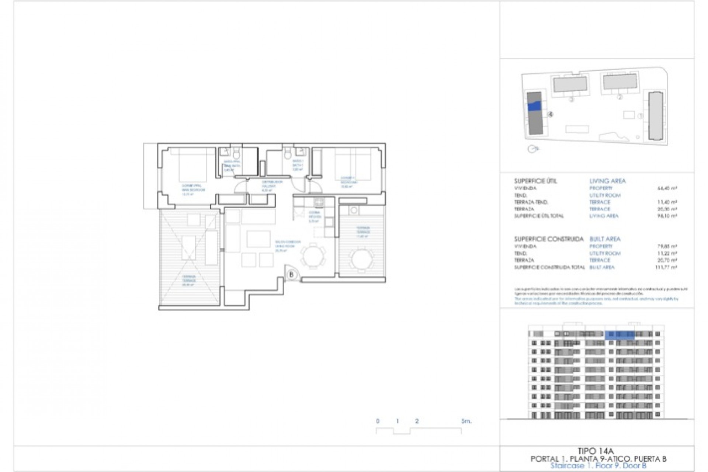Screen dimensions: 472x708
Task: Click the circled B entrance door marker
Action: click(x=291, y=274)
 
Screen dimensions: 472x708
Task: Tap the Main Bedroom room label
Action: click(x=193, y=188)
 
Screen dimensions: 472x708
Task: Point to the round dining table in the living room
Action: click(x=313, y=256)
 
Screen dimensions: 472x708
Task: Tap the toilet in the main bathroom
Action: click(x=236, y=152)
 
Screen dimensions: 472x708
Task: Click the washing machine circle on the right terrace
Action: click(x=354, y=210)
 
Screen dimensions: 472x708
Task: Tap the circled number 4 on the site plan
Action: click(x=551, y=115)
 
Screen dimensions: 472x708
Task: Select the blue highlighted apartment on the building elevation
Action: click(x=619, y=334)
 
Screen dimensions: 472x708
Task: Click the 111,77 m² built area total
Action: click(x=669, y=267)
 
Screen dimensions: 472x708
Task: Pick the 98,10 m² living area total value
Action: click(x=669, y=216)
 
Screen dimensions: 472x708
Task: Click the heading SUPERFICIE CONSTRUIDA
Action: click(x=549, y=239)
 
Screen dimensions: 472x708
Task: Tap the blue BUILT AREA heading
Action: click(x=605, y=239)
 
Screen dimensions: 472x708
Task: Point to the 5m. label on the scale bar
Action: click(x=466, y=421)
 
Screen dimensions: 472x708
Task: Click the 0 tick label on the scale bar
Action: click(x=378, y=421)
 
